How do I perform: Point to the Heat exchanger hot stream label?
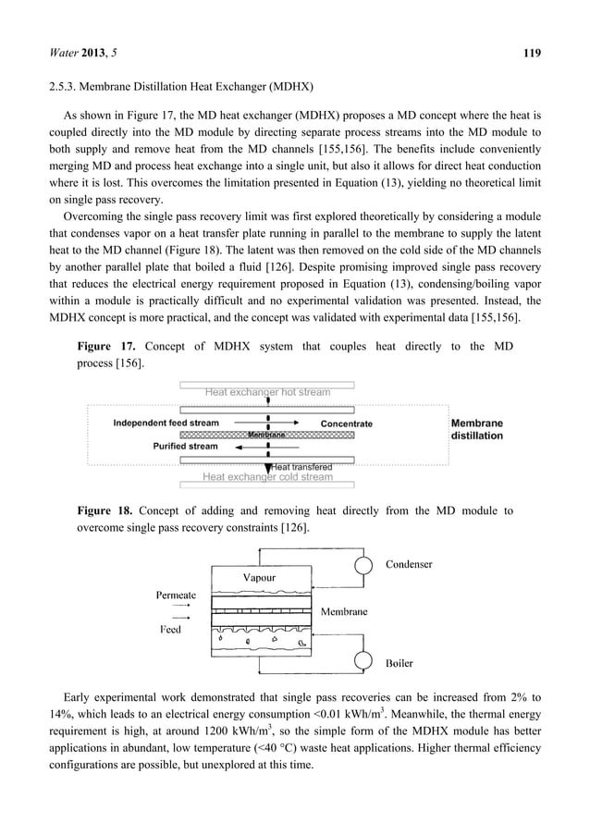pyautogui.click(x=267, y=392)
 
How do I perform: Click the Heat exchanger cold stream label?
pyautogui.click(x=267, y=477)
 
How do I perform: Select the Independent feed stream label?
pyautogui.click(x=166, y=424)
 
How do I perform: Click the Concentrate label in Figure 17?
pyautogui.click(x=347, y=424)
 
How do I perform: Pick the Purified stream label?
pyautogui.click(x=186, y=447)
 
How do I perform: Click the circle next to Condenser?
pyautogui.click(x=365, y=564)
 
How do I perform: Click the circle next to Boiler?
pyautogui.click(x=365, y=662)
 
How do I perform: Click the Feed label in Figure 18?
pyautogui.click(x=170, y=630)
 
